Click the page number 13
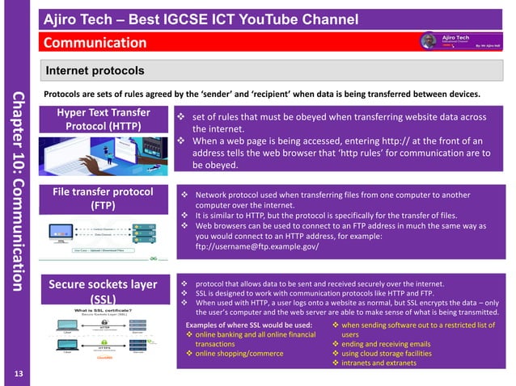pos(19,371)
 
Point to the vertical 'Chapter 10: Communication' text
pos(19,191)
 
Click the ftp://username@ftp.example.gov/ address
pos(257,246)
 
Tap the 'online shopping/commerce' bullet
pos(239,353)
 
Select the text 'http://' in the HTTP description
pos(374,139)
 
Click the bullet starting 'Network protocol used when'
pos(332,195)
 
